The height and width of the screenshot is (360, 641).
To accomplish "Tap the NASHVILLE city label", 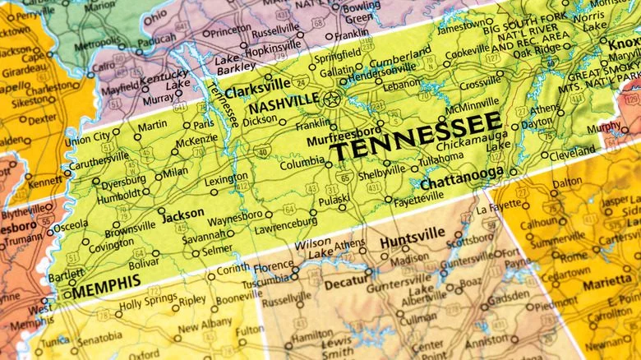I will (x=284, y=104).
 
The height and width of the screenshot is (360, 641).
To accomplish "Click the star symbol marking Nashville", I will (x=331, y=99).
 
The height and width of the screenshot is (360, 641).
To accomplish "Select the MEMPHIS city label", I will (x=106, y=287).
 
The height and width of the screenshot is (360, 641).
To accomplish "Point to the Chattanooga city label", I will (x=462, y=177).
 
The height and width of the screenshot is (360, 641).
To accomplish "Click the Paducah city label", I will (x=155, y=39).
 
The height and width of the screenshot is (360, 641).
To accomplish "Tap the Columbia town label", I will (x=302, y=163).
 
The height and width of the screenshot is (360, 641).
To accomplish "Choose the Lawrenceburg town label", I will (x=284, y=222).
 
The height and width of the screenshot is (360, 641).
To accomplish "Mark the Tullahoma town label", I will (x=440, y=158).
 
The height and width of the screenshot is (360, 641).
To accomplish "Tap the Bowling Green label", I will (x=361, y=12).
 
